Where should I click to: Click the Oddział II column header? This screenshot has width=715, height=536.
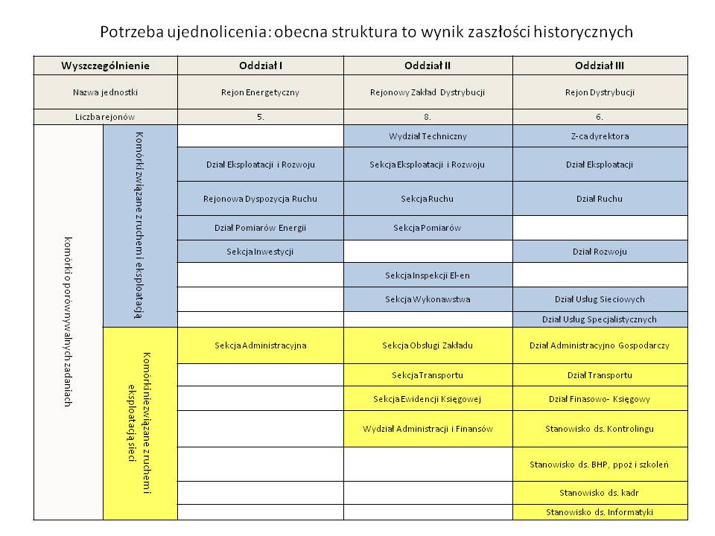(428, 66)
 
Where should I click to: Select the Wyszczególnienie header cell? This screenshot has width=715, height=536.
(106, 66)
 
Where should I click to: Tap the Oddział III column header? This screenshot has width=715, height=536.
(600, 66)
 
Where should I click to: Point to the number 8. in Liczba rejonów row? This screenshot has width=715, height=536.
(428, 117)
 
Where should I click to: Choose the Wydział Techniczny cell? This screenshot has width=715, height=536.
(428, 136)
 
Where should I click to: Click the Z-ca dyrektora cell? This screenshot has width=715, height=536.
(600, 136)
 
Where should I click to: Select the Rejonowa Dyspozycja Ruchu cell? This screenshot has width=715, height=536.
(261, 199)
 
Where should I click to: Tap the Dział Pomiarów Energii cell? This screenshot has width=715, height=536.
(261, 227)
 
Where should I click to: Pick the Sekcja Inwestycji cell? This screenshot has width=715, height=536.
(261, 252)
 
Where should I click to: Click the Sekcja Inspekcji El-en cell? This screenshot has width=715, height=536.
(428, 275)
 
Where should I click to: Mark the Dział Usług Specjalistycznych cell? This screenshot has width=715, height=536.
(600, 319)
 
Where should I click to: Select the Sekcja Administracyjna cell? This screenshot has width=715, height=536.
(261, 345)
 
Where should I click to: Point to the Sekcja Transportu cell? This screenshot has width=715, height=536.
(428, 374)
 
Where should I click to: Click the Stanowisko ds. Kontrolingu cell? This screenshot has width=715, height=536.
(600, 429)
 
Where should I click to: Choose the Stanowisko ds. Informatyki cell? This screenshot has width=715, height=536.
(600, 512)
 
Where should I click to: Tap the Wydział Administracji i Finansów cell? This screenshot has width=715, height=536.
(428, 429)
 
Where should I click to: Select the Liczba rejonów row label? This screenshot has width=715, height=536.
(106, 117)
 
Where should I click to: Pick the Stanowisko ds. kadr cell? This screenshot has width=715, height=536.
(600, 492)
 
